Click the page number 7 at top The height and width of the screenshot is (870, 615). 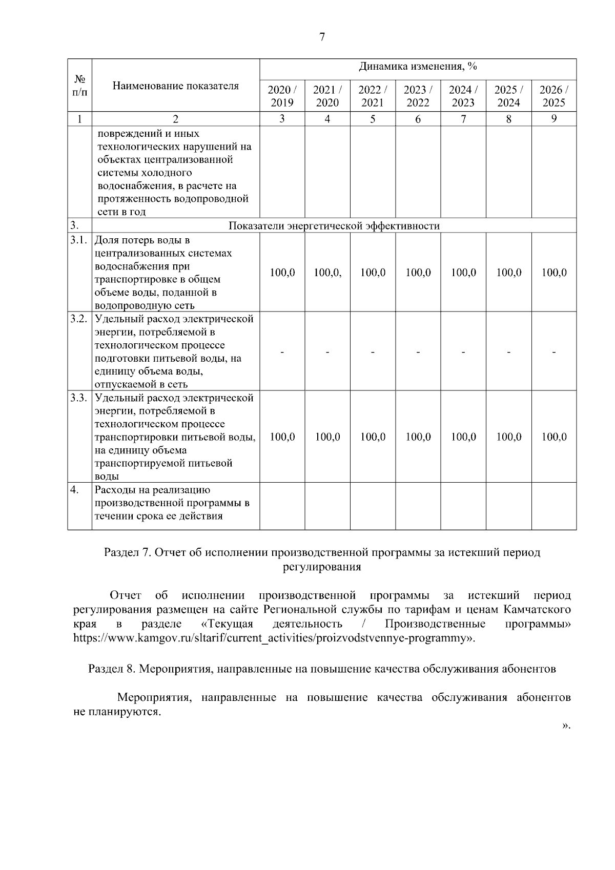[x=322, y=37]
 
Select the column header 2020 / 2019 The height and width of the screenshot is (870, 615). [x=282, y=96]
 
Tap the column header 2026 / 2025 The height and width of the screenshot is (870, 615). [x=553, y=96]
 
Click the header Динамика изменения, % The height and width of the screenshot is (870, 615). [x=418, y=67]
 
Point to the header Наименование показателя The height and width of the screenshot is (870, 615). [x=175, y=86]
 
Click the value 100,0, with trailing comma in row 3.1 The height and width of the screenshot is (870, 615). [x=327, y=273]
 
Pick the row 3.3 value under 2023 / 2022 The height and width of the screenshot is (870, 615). [x=418, y=437]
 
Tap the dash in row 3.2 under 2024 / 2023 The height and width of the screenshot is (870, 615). [x=463, y=352]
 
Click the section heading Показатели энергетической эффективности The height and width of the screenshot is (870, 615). [x=334, y=226]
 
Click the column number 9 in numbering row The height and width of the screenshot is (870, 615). [x=553, y=119]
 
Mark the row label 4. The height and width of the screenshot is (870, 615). [x=74, y=490]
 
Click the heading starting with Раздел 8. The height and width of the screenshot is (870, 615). [x=322, y=669]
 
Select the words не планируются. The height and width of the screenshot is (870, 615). [x=117, y=712]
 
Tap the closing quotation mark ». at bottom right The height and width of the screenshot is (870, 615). [x=566, y=726]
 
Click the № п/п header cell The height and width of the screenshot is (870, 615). [x=79, y=86]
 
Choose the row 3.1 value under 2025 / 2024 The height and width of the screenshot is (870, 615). [x=508, y=273]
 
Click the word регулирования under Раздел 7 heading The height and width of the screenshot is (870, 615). [x=322, y=567]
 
